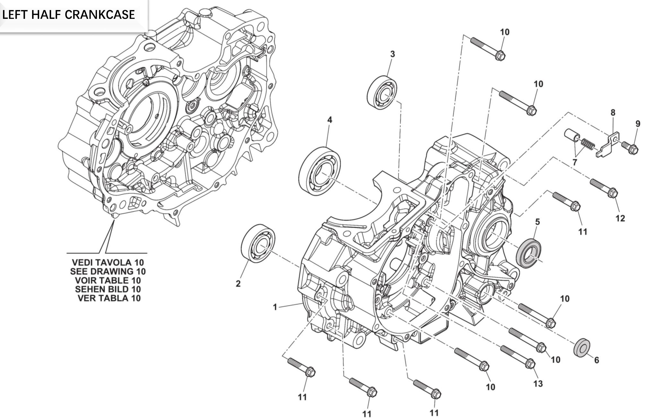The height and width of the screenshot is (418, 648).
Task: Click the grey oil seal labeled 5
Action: (x=528, y=253)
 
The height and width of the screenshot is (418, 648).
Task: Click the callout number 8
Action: (x=613, y=113)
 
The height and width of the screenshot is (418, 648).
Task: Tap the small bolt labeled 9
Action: (x=630, y=147)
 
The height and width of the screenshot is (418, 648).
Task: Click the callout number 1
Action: (x=275, y=307)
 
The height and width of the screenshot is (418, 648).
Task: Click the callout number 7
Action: (x=574, y=162)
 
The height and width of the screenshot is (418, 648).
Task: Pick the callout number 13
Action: (x=538, y=384)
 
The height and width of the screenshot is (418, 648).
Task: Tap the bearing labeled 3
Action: (x=382, y=92)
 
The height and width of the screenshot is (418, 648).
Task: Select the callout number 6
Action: (x=596, y=360)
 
